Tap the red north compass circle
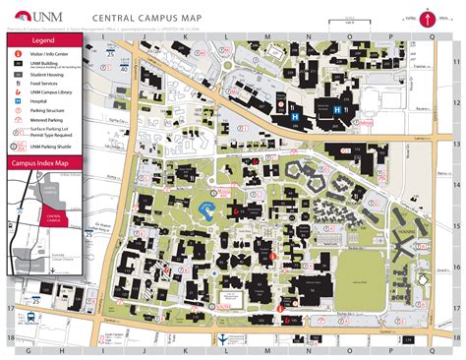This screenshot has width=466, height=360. pos(429,17)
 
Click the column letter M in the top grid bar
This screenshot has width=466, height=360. pos(267,34)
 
